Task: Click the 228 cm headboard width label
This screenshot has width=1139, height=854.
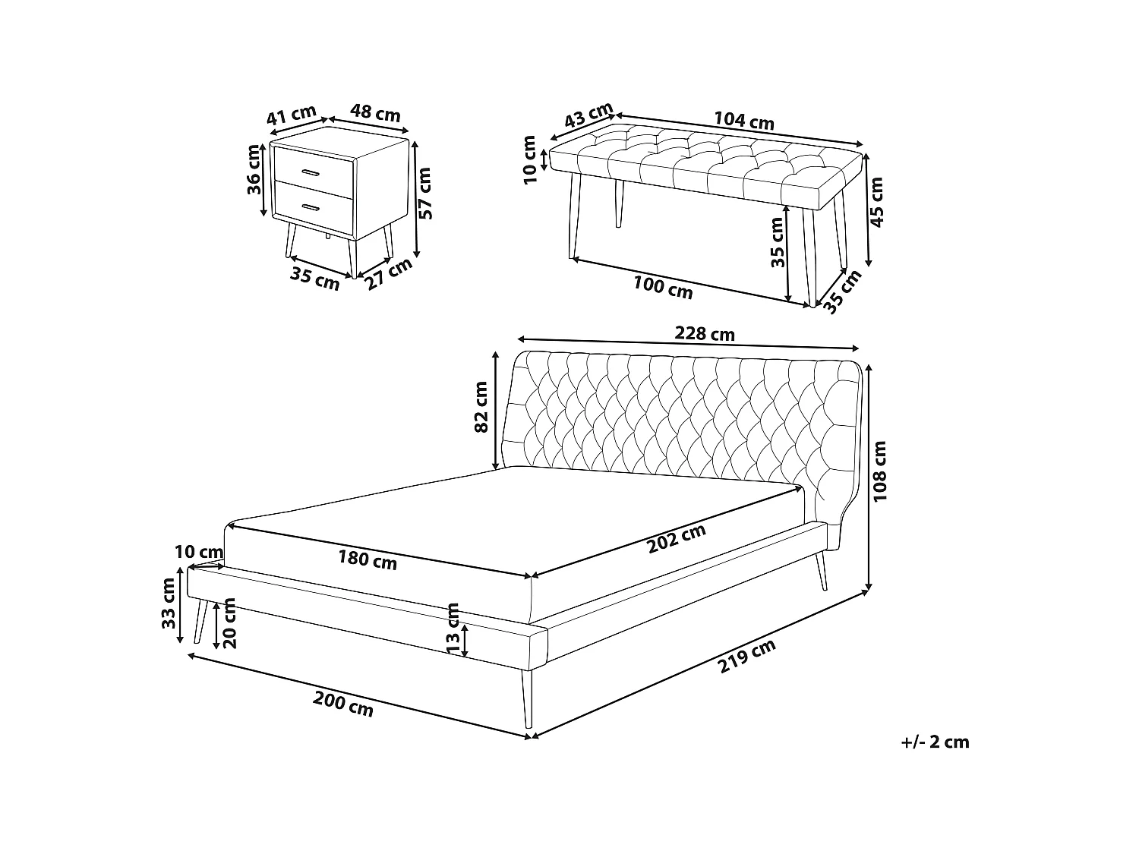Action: tap(704, 333)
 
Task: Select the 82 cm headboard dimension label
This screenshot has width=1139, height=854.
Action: tap(481, 407)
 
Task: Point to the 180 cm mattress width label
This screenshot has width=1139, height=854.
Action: tap(368, 560)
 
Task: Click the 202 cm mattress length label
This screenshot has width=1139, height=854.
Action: tap(677, 539)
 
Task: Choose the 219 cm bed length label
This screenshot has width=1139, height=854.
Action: tap(746, 655)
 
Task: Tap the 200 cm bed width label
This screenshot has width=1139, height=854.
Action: tap(343, 704)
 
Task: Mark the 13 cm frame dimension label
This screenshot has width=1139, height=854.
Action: tap(453, 629)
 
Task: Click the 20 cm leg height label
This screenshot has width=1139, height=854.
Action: tap(229, 622)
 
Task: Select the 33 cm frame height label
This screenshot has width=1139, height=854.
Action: tap(168, 603)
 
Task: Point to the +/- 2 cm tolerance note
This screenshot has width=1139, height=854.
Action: tap(935, 742)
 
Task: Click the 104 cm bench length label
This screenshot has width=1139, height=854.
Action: tap(744, 121)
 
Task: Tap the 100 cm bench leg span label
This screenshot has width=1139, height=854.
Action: tap(663, 287)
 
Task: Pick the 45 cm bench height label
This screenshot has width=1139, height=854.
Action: tap(876, 202)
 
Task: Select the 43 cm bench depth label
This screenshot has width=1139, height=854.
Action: tap(588, 115)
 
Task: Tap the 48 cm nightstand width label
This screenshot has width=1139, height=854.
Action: tap(375, 112)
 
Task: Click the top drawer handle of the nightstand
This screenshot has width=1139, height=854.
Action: tap(312, 172)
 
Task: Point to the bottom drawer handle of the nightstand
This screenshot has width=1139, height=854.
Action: tap(311, 207)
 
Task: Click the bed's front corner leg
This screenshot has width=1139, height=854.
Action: tap(527, 699)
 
